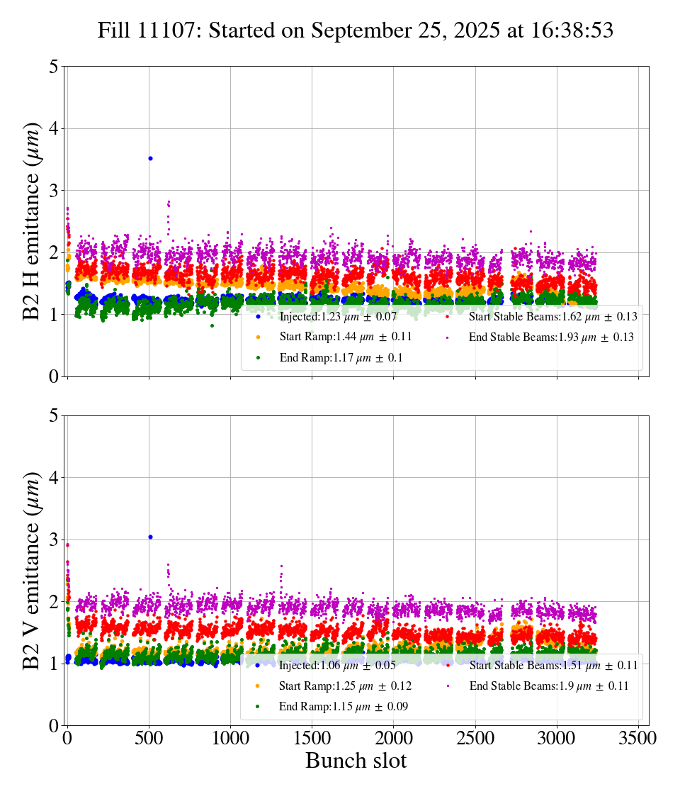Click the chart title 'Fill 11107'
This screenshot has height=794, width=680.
coord(355,30)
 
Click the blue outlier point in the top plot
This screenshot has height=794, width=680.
coord(150,158)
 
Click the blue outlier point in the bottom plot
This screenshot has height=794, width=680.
coord(150,537)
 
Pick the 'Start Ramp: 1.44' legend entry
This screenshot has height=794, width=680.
coord(336,337)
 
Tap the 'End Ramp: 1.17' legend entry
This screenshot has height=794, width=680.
coord(331,358)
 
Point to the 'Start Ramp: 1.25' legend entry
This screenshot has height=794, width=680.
coord(336,686)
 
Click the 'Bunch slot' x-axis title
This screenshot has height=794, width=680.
coord(356,761)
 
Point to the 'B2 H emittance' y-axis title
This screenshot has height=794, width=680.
coord(33,220)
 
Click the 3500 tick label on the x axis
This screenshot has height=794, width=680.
coord(638,738)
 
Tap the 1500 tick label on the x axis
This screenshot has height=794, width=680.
coord(312,738)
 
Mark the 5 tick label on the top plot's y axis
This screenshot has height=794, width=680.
coord(54,67)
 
